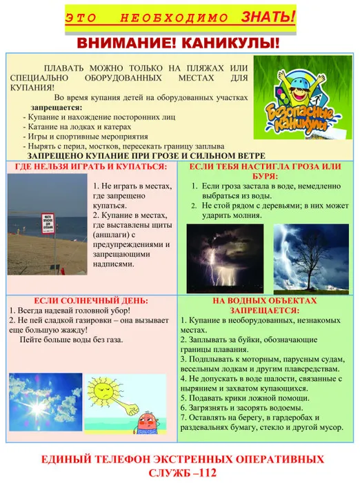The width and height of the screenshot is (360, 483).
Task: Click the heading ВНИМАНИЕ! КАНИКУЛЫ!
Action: [x=179, y=43]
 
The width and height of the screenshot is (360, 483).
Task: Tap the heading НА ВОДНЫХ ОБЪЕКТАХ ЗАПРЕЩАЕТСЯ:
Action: [x=264, y=306]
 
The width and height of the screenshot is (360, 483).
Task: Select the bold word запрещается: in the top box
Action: [x=56, y=108]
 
